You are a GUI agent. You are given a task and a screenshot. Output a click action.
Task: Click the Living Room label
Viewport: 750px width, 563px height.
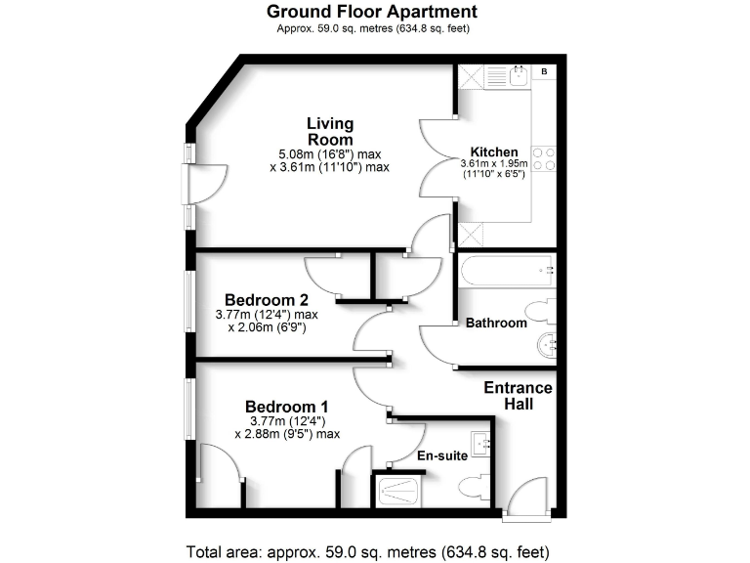329,132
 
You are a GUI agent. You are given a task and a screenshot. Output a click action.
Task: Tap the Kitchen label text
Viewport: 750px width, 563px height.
494,152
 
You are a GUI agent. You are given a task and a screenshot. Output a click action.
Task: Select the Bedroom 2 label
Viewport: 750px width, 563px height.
267,299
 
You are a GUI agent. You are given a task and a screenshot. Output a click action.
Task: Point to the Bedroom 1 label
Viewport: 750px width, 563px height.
286,407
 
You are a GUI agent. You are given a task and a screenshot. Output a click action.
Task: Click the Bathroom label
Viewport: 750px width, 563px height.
496,323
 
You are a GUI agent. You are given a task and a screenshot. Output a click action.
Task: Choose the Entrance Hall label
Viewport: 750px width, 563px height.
518,396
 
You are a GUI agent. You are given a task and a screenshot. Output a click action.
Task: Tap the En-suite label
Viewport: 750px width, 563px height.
437,455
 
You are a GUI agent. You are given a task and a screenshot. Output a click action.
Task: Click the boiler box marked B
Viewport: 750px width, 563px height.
543,72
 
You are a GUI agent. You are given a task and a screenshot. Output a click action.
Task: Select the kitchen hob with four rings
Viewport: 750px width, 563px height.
545,158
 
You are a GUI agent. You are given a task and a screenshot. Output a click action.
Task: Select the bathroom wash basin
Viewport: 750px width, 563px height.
547,343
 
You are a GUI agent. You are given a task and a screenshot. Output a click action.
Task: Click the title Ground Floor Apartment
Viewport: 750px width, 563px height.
373,13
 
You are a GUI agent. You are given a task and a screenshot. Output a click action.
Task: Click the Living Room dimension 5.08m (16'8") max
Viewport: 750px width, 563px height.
329,153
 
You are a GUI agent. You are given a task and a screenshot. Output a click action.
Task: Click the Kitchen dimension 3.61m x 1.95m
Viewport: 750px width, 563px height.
494,163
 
